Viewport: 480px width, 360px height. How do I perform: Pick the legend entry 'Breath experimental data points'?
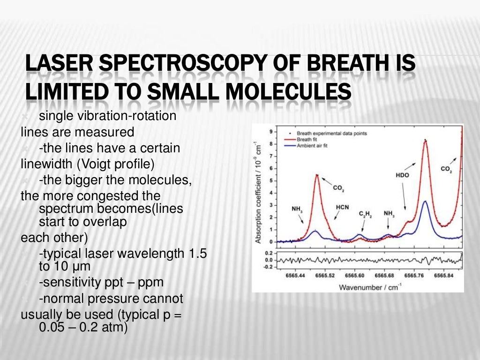[331, 133]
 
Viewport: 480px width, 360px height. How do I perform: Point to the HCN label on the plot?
[342, 207]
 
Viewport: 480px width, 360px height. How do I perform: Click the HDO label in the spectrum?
[402, 175]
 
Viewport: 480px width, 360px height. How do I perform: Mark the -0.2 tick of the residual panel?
[269, 267]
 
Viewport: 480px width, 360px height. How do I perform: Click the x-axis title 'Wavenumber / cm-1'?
[368, 287]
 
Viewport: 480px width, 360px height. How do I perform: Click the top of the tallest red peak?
[425, 140]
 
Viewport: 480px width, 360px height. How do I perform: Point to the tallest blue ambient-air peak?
[425, 202]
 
